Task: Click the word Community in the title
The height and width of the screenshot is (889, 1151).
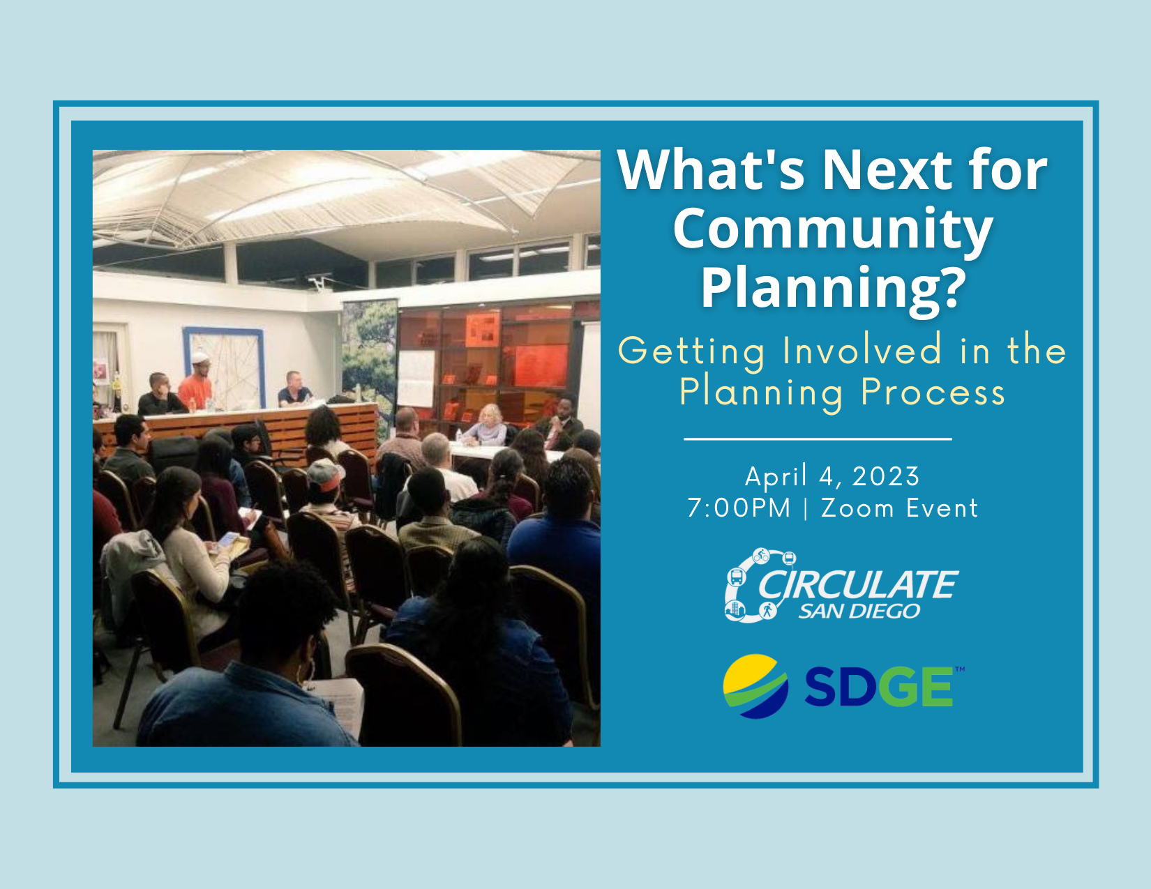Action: [x=833, y=230]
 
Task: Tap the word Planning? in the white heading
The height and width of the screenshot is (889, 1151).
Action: [x=834, y=289]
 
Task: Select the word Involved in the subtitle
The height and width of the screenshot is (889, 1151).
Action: [x=862, y=350]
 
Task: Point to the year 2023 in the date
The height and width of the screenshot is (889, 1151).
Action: [x=886, y=476]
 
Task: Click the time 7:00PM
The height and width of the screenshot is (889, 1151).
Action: [x=739, y=508]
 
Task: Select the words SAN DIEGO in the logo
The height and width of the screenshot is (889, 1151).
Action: [x=859, y=611]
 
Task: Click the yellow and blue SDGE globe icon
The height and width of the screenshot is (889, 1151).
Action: [x=755, y=686]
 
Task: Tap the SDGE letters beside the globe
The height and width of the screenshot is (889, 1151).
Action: [x=879, y=687]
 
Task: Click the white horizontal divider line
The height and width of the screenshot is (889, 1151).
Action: [x=818, y=439]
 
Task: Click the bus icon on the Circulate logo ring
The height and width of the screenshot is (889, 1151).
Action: [x=736, y=576]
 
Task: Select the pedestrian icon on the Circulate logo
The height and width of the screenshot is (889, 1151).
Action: [x=767, y=611]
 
